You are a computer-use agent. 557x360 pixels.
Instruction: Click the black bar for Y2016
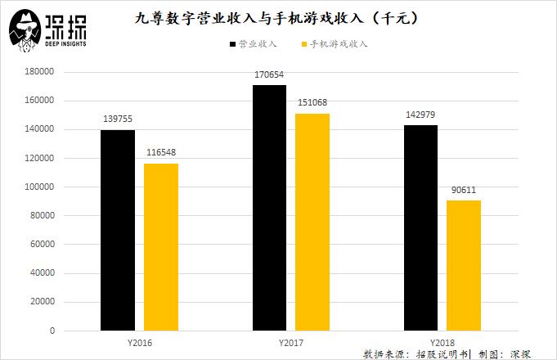(118, 230)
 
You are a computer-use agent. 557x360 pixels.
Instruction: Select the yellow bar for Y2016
(161, 247)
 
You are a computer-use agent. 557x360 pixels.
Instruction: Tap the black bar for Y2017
(269, 208)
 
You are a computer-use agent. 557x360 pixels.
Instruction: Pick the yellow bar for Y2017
(312, 223)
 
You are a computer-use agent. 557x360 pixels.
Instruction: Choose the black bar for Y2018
(420, 228)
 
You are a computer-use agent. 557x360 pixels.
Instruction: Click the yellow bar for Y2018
(464, 266)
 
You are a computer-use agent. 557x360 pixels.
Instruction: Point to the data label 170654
(269, 74)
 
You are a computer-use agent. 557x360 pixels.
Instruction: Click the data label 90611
(464, 190)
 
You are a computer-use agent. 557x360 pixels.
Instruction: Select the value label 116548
(161, 152)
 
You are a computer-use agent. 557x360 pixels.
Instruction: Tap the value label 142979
(420, 115)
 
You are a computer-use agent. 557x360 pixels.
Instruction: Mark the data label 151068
(312, 102)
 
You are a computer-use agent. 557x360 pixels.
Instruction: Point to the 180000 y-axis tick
(39, 71)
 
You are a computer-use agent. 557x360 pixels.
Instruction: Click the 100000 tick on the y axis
(39, 187)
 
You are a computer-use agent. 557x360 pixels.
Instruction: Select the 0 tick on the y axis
(52, 331)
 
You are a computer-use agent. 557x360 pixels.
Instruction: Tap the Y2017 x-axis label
(291, 343)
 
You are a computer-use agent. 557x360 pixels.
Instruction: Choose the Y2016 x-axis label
(140, 343)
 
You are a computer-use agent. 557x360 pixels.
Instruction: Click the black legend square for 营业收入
(232, 44)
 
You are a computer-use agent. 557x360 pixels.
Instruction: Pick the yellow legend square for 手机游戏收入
(304, 44)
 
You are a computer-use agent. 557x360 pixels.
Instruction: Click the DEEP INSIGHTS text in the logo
(65, 43)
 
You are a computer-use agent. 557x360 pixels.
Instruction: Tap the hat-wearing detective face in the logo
(25, 30)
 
